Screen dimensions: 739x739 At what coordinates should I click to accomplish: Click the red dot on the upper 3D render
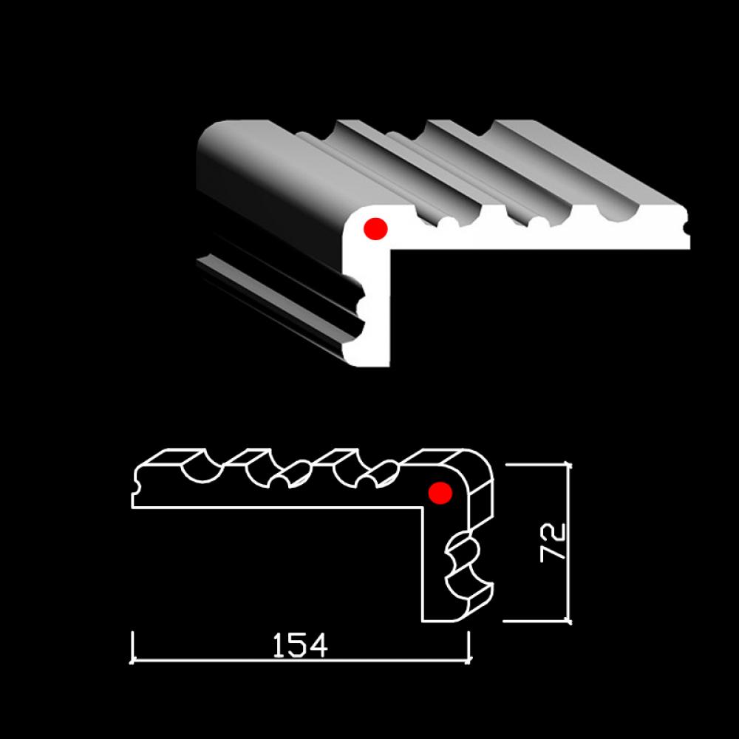(375, 229)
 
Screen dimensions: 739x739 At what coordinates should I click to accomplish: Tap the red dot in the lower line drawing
(440, 493)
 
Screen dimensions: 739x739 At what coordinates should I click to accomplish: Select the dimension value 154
(300, 645)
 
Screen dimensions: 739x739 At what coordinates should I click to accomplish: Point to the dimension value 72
(552, 542)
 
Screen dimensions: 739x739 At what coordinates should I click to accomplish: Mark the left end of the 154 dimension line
(132, 661)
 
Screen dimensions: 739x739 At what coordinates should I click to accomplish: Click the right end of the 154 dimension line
(469, 661)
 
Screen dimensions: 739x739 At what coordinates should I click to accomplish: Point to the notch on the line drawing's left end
(136, 485)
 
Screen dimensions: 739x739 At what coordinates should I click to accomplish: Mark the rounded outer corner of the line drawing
(485, 460)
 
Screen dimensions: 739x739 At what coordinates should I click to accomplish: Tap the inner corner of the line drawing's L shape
(423, 508)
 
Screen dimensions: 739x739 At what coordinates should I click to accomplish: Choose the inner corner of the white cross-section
(390, 249)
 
